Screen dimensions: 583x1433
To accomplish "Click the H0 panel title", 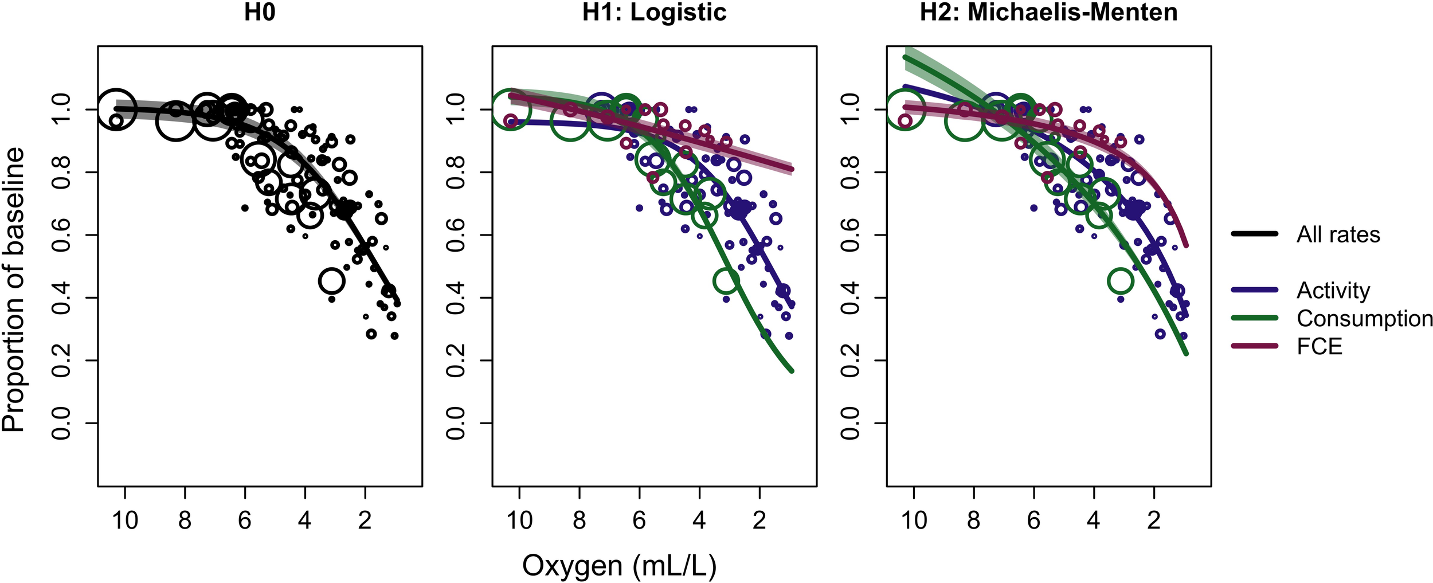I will pos(260,13).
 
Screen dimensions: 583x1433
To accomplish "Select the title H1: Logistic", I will pos(654,13).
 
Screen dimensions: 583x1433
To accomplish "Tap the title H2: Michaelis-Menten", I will pos(1048,13).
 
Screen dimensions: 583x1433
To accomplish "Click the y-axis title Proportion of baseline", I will pos(14,289).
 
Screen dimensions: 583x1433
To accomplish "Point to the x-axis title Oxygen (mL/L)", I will pos(619,566).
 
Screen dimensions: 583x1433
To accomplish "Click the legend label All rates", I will pos(1338,234).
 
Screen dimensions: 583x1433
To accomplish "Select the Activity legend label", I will pos(1333,291).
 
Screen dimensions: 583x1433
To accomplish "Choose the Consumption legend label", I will pos(1364,319).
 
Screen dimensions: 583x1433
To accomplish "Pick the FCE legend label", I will pos(1320,347).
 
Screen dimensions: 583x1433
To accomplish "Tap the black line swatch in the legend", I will pos(1255,234).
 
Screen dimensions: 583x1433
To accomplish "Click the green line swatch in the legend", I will pos(1255,318).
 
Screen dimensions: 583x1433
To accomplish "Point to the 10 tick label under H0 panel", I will pos(124,521).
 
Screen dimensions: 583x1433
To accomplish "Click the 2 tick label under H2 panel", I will pos(1154,521).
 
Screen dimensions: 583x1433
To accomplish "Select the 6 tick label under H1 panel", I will pos(639,521).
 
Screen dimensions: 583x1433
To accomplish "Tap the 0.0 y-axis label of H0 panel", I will pos(61,423).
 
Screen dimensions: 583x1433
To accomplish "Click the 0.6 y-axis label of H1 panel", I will pos(455,235).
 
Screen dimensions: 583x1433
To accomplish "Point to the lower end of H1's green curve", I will pos(792,371).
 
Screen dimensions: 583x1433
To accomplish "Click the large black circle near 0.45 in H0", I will pos(332,281).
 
